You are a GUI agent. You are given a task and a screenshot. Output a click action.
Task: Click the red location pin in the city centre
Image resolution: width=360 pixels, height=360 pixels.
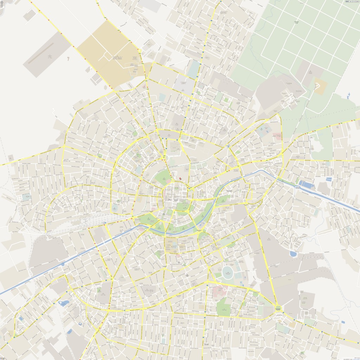pos(180,179)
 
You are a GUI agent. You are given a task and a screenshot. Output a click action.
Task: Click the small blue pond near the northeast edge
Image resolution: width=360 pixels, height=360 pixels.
pos(348,95)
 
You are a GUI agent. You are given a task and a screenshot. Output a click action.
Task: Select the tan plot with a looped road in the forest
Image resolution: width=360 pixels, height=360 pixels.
pos(320,86)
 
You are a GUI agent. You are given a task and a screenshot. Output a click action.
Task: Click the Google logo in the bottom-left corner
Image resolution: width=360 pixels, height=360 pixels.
pos(3,358)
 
